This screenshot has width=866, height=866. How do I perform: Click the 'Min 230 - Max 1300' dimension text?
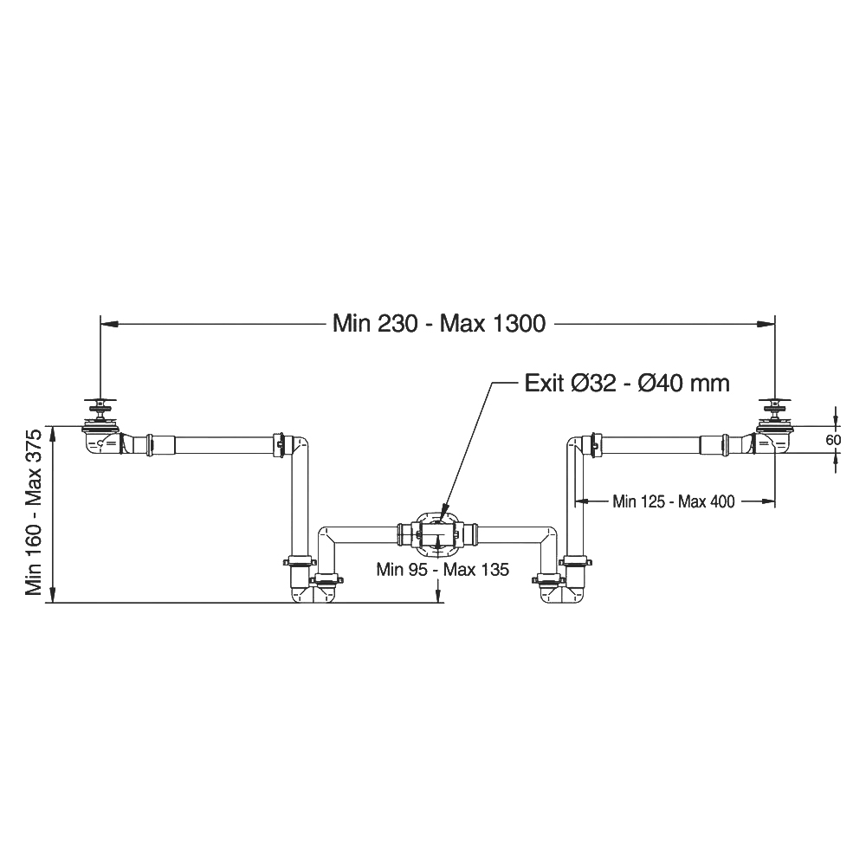(x=439, y=324)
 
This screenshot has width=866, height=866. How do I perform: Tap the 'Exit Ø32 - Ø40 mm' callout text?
(x=627, y=383)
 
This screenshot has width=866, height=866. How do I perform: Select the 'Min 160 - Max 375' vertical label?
(x=34, y=513)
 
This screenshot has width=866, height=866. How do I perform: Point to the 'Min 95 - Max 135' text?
(x=443, y=569)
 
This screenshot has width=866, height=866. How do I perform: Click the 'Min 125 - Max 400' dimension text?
(x=673, y=501)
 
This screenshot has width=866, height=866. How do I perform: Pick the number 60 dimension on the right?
(x=833, y=440)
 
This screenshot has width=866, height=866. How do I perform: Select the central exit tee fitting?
(x=437, y=534)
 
